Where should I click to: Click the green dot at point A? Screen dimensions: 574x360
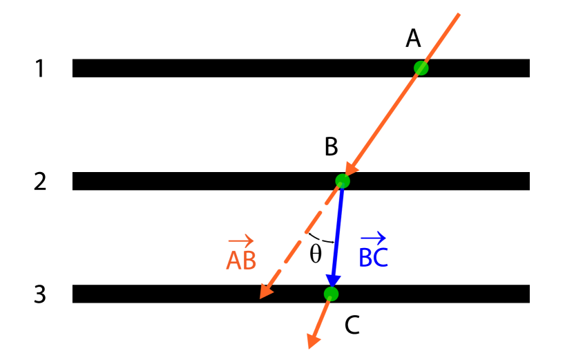(x=421, y=68)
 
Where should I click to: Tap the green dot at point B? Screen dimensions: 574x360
(x=343, y=181)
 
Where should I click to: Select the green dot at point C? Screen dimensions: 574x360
(x=331, y=294)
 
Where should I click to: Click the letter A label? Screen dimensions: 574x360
(x=413, y=39)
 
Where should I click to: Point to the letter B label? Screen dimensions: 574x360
(x=331, y=146)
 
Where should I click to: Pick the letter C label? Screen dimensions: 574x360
(x=352, y=325)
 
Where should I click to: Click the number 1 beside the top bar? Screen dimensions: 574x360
(x=40, y=68)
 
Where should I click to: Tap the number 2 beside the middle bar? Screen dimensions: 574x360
(x=40, y=182)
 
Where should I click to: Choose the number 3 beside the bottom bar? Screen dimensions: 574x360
(x=40, y=294)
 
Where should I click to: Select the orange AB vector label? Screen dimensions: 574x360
(x=241, y=259)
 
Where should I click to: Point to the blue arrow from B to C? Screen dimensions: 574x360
(x=337, y=235)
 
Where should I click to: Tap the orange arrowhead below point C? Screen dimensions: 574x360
(x=312, y=340)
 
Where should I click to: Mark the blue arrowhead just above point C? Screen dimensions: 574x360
(x=332, y=281)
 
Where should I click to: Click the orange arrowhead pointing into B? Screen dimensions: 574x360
(x=351, y=168)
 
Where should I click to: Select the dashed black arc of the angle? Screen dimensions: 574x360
(x=321, y=239)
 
